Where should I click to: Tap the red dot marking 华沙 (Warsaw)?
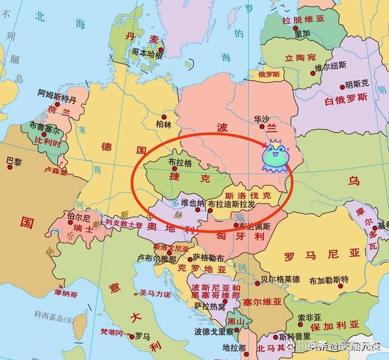pyautogui.click(x=262, y=127)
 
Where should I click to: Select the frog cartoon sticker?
pyautogui.click(x=274, y=156)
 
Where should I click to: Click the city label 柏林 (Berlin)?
pyautogui.click(x=164, y=124)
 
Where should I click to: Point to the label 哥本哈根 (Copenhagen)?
pyautogui.click(x=146, y=54)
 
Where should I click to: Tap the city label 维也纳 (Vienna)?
pyautogui.click(x=193, y=202)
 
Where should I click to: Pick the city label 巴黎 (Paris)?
pyautogui.click(x=13, y=162)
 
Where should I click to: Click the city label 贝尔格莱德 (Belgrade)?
pyautogui.click(x=280, y=279)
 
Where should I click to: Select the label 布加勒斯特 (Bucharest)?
pyautogui.click(x=329, y=280)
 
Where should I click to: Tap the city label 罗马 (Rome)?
pyautogui.click(x=142, y=335)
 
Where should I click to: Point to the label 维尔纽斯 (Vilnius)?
pyautogui.click(x=331, y=66)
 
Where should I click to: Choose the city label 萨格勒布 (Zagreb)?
pyautogui.click(x=208, y=257)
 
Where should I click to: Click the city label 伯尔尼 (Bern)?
pyautogui.click(x=79, y=217)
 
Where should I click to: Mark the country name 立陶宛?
pyautogui.click(x=298, y=58)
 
